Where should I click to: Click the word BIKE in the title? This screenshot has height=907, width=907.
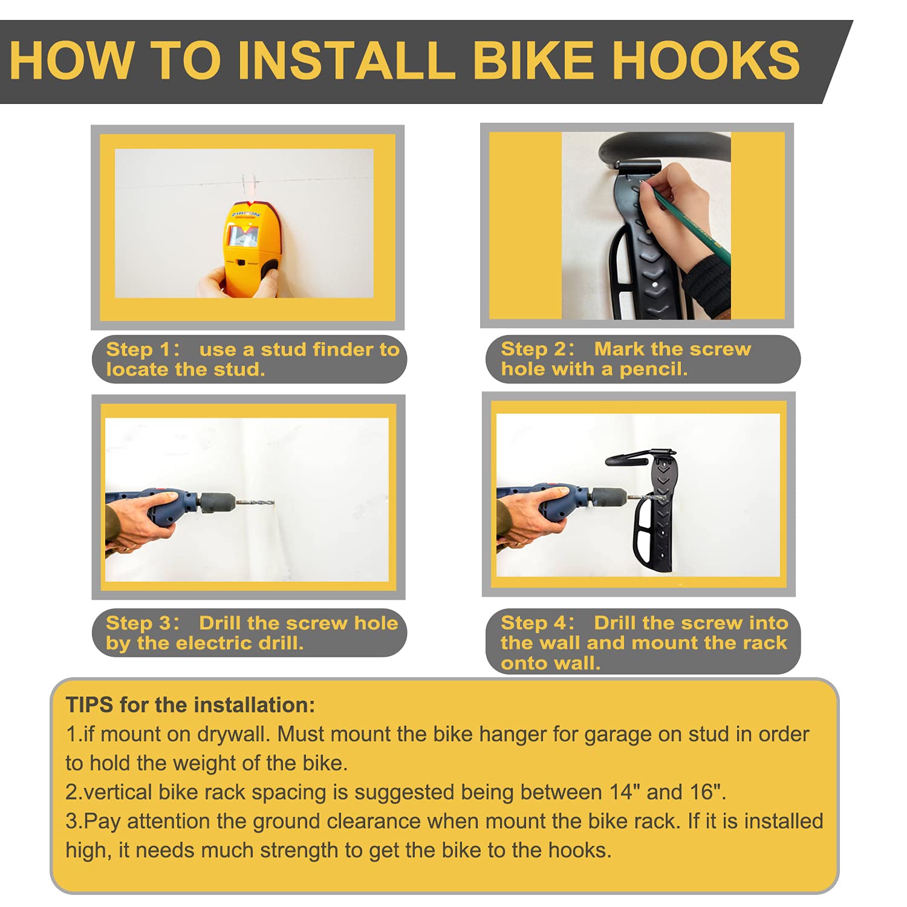click(x=533, y=60)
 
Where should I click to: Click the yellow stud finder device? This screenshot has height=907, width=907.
click(x=250, y=248)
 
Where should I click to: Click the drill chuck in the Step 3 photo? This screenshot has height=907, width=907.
click(x=216, y=502)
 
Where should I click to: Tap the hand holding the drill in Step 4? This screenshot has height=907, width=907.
click(x=526, y=514)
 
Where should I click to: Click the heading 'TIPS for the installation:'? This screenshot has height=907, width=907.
click(x=190, y=705)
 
